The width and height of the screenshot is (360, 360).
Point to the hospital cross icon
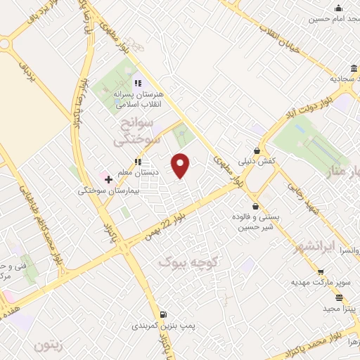click(x=108, y=180)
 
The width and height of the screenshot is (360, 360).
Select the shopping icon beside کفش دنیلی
click(x=257, y=150)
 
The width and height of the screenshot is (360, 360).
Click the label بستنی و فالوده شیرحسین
click(x=258, y=221)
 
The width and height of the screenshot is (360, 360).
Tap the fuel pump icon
click(x=163, y=314)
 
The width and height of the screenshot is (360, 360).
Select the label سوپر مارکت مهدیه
click(x=321, y=282)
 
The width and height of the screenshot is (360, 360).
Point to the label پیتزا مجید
click(x=337, y=309)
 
